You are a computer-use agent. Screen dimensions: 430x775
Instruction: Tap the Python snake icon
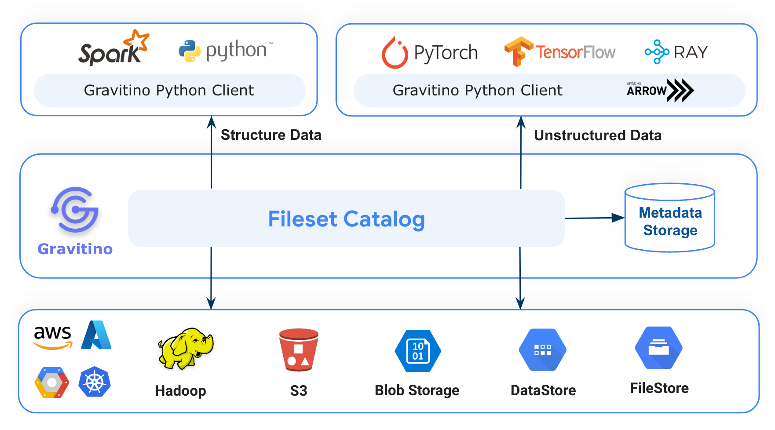[x=190, y=51]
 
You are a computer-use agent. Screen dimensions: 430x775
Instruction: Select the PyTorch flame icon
[x=395, y=53]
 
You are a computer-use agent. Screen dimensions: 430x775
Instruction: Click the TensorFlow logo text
[x=575, y=52]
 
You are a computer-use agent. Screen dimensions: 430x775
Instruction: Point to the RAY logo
[x=676, y=52]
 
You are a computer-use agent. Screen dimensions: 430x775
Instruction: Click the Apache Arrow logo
[x=659, y=90]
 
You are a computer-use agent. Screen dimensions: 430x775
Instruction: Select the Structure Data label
[x=271, y=135]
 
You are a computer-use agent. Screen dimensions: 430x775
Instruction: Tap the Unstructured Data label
[x=597, y=135]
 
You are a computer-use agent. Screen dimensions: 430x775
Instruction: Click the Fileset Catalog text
[x=346, y=219]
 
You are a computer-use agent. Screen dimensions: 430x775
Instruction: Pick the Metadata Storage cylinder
[x=669, y=218]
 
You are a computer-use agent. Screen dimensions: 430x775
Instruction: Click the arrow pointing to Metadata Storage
[x=594, y=218]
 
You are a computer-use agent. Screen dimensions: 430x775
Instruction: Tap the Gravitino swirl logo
[x=75, y=210]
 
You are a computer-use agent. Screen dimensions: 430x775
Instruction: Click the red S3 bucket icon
[x=299, y=350]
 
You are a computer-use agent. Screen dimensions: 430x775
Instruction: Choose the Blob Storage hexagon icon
[x=417, y=351]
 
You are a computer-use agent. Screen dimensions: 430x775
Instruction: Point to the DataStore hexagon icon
[x=542, y=350]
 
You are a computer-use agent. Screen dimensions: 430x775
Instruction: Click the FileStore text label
[x=659, y=388]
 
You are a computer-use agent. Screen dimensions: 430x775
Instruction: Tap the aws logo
[x=53, y=337]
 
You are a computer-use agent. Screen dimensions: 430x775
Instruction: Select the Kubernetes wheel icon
[x=95, y=382]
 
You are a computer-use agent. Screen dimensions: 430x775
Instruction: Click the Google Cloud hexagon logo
[x=52, y=382]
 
